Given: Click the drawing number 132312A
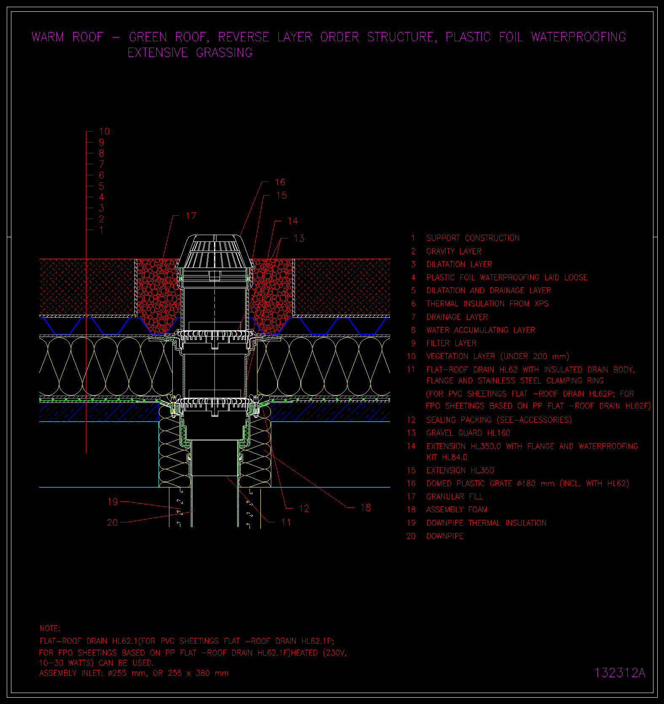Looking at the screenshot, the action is pos(620,673).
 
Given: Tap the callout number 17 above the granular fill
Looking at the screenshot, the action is pos(191,216).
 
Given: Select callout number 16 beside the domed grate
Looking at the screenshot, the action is pos(280,182).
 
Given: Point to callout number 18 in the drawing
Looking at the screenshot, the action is pos(366,508).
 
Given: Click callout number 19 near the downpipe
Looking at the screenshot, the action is pos(112,502).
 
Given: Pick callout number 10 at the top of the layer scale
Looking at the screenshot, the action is pos(104,131).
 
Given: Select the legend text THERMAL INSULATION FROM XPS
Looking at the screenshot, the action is pos(487,304).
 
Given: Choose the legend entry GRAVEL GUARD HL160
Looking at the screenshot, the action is pos(468,433).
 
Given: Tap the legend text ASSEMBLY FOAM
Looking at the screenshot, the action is pos(457,510).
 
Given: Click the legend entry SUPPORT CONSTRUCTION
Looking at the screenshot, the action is pos(473,238).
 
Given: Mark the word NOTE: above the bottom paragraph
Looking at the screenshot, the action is pos(50,628).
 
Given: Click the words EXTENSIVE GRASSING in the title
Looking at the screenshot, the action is pos(190,53).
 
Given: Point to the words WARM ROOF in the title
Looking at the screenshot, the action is pos(67,37).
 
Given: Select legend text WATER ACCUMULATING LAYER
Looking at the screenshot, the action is pos(481,330).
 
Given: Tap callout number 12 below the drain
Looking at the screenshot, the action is pos(304,509).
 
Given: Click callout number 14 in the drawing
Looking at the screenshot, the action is pos(293,221).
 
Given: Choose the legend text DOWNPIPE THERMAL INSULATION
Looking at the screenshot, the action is pos(486,523).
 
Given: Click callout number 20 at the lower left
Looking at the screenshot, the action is pos(112,522).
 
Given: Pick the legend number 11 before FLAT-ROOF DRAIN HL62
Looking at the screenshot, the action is pos(411,369).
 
